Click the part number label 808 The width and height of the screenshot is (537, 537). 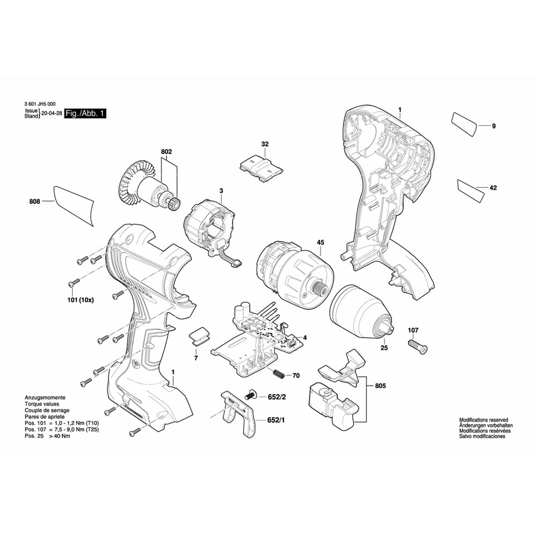[34, 201]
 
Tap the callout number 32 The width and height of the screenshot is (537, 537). [265, 144]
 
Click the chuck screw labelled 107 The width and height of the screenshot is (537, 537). [418, 347]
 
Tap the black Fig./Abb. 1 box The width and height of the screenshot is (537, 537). [85, 113]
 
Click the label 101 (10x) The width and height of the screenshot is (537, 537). [81, 300]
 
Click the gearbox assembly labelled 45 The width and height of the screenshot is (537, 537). [292, 274]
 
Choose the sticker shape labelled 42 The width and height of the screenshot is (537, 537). [471, 190]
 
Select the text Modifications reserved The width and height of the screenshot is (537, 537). [484, 420]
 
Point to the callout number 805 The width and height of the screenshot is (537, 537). [380, 386]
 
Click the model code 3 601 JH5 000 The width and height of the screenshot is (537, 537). [40, 104]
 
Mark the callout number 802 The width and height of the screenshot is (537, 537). [166, 152]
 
